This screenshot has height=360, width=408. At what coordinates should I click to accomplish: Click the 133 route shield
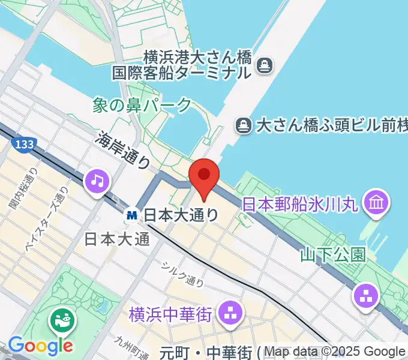point(23,144)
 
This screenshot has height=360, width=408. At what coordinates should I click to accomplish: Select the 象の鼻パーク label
point(143,105)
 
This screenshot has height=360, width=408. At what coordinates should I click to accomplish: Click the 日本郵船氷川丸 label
point(300,204)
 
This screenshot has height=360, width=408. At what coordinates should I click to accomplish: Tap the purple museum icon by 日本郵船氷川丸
point(376,201)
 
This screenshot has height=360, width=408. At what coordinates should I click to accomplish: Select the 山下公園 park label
point(333,255)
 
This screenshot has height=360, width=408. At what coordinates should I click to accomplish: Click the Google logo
point(40,346)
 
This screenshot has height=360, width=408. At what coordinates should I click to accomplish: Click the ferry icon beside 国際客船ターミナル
point(264,65)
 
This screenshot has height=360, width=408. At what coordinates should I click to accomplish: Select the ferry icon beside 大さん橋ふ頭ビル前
point(243,125)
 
